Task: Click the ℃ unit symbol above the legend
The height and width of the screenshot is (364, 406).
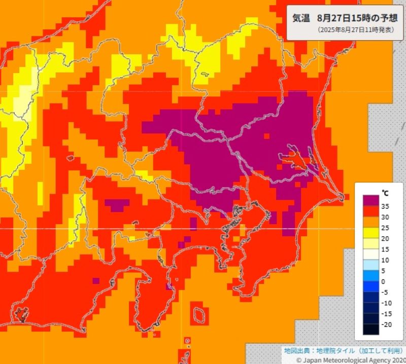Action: pos(385,193)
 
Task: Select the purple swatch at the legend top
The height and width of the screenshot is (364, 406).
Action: pos(370,201)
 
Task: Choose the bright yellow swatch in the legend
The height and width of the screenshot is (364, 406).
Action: pos(370,233)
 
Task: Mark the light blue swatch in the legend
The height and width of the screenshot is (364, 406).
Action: pos(370,265)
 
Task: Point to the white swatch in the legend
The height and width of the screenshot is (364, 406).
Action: pos(370,254)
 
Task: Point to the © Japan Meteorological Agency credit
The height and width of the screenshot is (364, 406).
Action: pos(351,359)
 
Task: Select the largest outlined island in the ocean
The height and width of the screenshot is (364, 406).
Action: pos(199,314)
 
